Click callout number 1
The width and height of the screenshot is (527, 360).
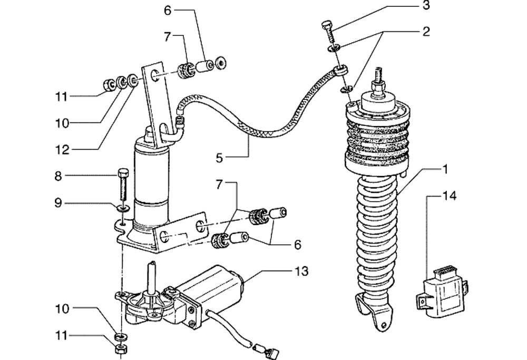pos(445,170)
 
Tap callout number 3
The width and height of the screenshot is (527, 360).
pos(426,6)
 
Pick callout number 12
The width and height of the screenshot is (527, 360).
pos(62,150)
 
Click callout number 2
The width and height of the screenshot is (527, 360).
pos(426,32)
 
